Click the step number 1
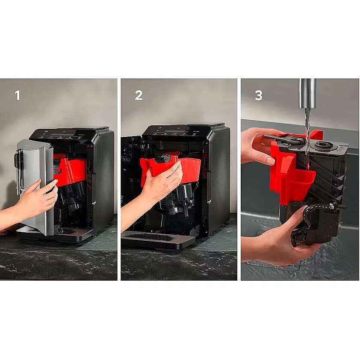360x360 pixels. pos(18,95)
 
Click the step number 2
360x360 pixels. pos(139,95)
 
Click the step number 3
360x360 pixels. pos(258,95)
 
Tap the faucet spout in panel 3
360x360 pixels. pos(307,94)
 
